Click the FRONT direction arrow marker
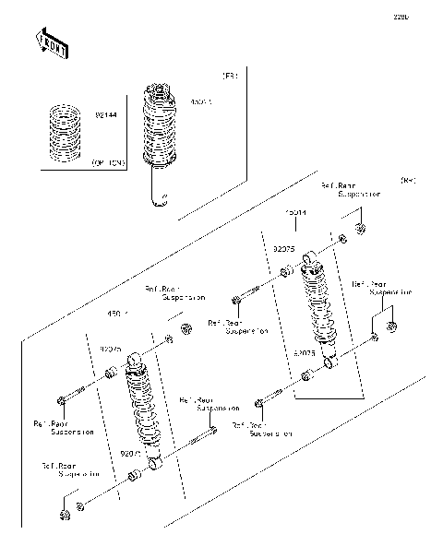(52, 43)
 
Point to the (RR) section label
(407, 181)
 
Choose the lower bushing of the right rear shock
(305, 374)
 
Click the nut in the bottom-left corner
(65, 514)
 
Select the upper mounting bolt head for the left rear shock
(62, 399)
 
